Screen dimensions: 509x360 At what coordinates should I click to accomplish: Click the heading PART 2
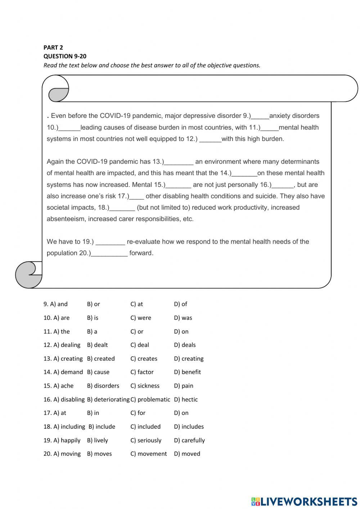pos(53,47)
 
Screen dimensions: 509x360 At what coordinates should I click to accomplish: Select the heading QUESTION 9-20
pos(65,56)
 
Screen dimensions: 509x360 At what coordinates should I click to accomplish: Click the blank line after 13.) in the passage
pos(179,162)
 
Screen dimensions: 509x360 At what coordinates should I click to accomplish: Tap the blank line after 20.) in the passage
pos(109,254)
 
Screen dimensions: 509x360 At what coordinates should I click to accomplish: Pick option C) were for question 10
pos(141,318)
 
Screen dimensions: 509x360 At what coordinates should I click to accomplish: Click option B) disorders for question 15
pos(103,386)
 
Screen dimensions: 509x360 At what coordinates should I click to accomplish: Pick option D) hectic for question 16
pos(186,399)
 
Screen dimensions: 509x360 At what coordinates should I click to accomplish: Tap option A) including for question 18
pos(69,427)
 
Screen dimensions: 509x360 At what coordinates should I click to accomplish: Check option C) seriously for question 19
pos(146,440)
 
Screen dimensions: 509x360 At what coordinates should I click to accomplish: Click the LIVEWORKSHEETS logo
pos(304,501)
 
